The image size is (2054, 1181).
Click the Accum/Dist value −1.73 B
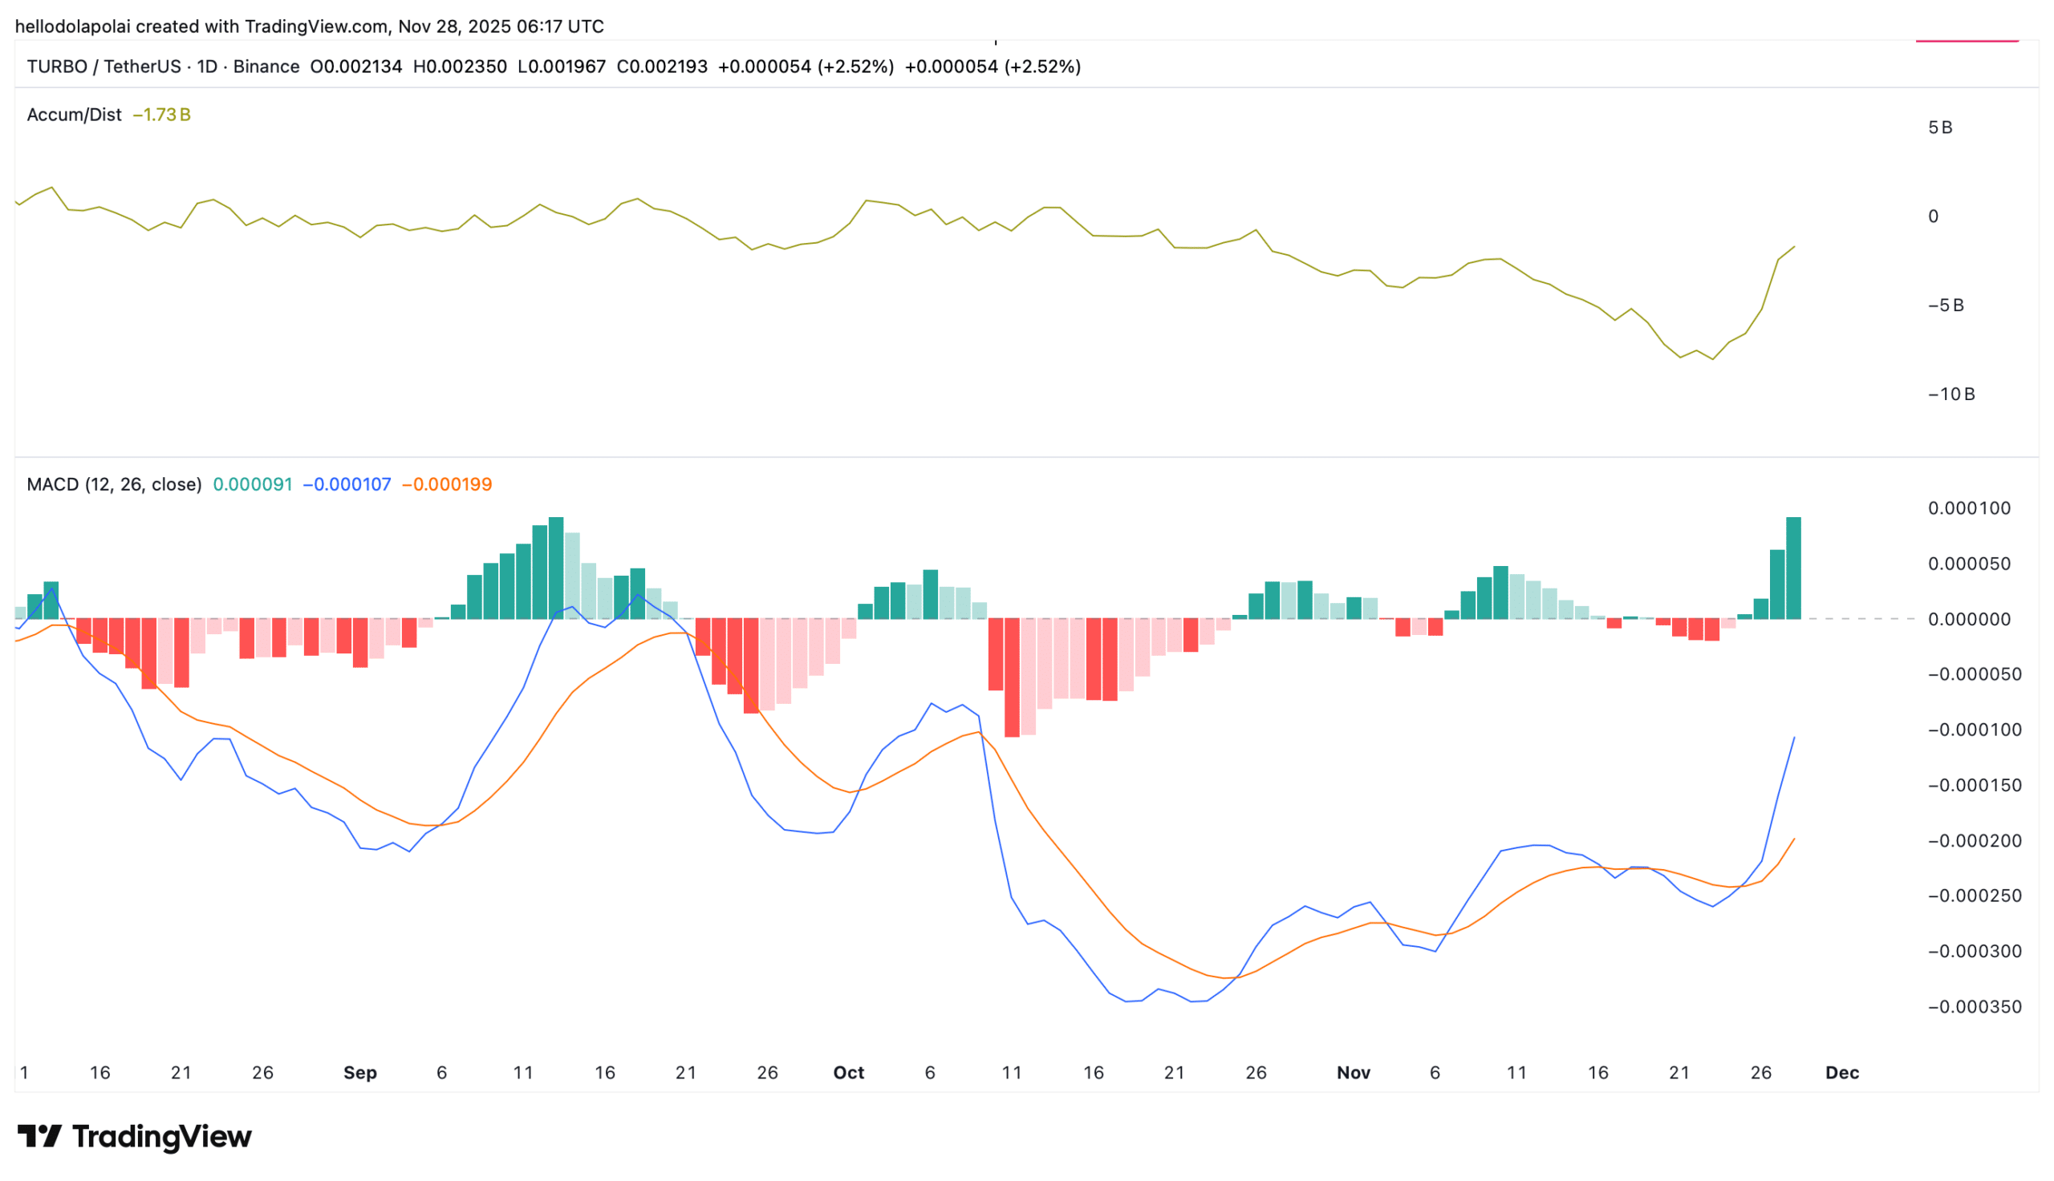(161, 115)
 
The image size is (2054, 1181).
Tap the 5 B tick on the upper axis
(1939, 127)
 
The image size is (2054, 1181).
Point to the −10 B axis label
(1951, 394)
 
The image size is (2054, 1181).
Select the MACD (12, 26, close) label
(114, 484)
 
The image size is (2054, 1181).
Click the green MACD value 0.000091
(253, 484)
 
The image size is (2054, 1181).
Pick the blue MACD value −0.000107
(347, 484)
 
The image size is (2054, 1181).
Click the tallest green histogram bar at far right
(1792, 568)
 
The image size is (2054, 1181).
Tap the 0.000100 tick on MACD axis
(1969, 508)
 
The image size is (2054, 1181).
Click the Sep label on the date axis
(359, 1072)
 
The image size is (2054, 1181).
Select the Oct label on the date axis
(848, 1072)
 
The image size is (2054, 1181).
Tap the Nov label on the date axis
(1353, 1072)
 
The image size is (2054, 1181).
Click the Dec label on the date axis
(1841, 1072)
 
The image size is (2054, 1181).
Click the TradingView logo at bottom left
(135, 1135)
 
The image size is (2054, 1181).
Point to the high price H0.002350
(459, 67)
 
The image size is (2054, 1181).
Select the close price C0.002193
(661, 67)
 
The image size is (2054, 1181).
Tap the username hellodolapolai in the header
(72, 26)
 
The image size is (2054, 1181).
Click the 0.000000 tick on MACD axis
(1969, 619)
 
